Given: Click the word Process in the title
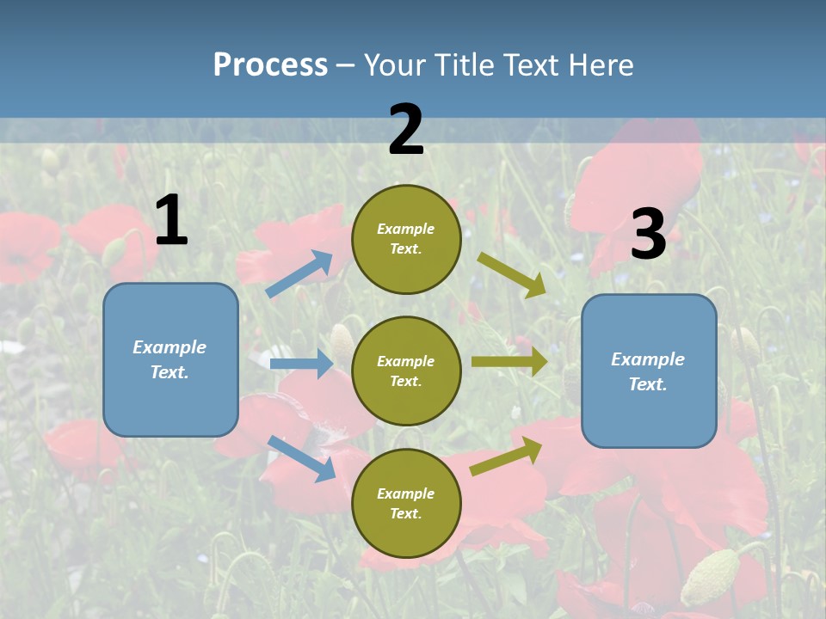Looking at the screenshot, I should pos(270,64).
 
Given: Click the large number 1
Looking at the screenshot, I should pos(171,221).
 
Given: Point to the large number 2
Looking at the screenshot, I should pos(406,130).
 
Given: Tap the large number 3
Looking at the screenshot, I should pos(648,235).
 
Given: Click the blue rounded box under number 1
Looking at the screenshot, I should pos(170,359).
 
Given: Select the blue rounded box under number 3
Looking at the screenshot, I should pos(649,371).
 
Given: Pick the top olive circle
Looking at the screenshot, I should pos(406,239).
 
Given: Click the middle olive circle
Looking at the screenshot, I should pos(406,371).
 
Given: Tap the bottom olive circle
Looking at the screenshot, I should pos(406,503).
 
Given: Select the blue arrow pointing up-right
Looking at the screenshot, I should pos(299,274).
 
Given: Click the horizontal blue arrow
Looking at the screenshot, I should pos(301,364).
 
